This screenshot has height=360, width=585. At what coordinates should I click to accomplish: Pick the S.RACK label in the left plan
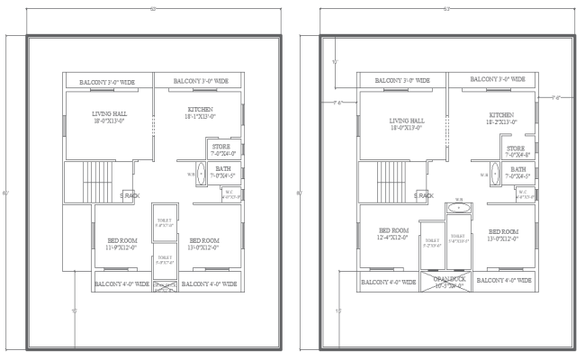coord(130,195)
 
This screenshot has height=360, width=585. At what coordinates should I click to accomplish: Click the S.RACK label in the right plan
coord(422,195)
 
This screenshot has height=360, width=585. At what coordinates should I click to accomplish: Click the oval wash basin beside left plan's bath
coord(201,174)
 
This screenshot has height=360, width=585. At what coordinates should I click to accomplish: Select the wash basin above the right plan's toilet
coord(458,208)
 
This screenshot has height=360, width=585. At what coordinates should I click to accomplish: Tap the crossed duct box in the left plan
coord(166,287)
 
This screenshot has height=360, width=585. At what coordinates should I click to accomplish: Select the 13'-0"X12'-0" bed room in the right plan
coord(501,235)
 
